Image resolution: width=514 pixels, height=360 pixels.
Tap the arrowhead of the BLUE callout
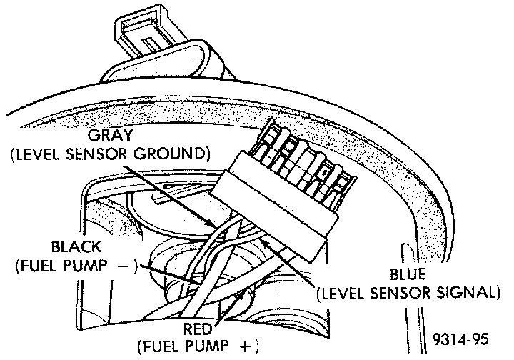point(263,241)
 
